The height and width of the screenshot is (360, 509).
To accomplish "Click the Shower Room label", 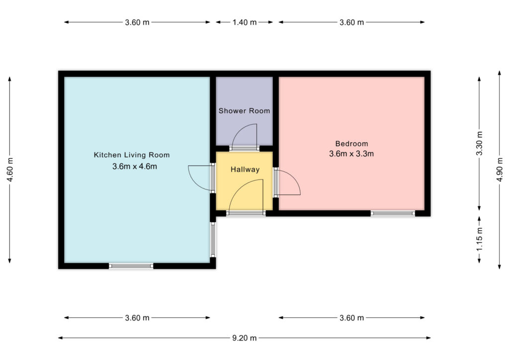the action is pos(244,111).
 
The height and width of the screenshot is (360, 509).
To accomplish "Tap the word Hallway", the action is pos(245,170).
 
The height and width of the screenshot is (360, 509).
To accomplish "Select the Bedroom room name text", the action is pos(351,144).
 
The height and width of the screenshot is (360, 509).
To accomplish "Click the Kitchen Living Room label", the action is pos(131,155).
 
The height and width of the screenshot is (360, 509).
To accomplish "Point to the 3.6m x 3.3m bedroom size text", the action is pos(351,154).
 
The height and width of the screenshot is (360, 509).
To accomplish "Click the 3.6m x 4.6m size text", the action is pos(135,167).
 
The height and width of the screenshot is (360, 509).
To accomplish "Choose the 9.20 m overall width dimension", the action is pos(245,338).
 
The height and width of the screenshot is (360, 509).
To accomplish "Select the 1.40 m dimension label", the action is pos(245,22).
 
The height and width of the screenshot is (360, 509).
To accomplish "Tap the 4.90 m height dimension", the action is pos(500,170).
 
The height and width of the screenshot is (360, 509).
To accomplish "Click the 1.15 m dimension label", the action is pos(480,239).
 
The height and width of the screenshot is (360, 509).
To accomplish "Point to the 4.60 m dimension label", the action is pos(10,170).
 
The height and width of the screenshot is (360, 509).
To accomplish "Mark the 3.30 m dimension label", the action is pos(480,143).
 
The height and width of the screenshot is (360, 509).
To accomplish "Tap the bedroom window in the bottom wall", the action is pos(393,213).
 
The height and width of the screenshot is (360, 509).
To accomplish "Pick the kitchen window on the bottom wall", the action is pos(131,266).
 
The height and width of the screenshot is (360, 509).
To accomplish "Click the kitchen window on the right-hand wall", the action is pos(213,240).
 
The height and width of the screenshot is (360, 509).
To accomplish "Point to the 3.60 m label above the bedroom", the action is pos(351,22).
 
